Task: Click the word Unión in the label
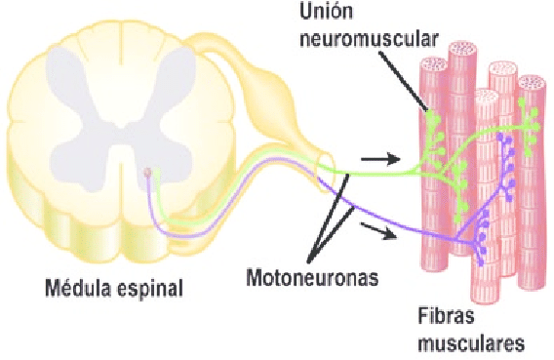click(326, 11)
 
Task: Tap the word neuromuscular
click(369, 38)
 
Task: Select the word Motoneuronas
click(312, 278)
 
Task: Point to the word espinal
click(150, 288)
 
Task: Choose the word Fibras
click(446, 315)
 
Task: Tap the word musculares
click(471, 343)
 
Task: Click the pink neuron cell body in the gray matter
click(147, 173)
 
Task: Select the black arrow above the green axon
click(380, 159)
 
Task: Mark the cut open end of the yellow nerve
click(326, 165)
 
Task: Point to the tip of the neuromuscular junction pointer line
click(427, 110)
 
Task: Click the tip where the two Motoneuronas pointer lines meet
click(308, 262)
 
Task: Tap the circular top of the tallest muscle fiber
click(461, 50)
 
